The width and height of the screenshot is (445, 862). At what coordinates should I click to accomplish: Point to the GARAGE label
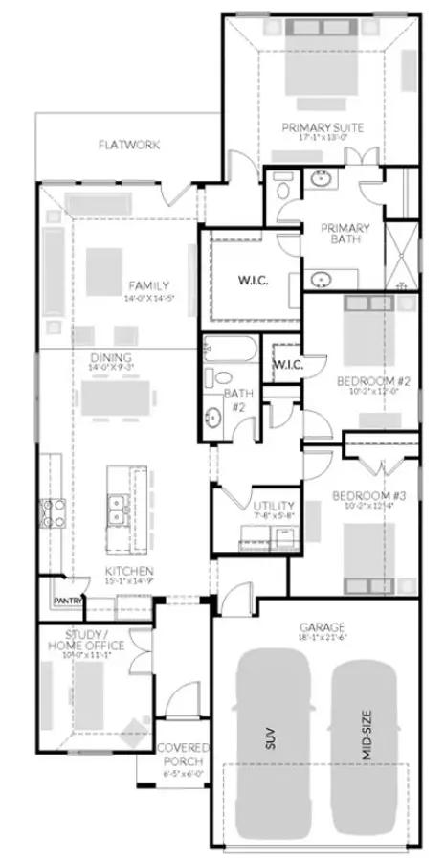click(x=315, y=626)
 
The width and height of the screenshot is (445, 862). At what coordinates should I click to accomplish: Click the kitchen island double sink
click(x=120, y=510)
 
